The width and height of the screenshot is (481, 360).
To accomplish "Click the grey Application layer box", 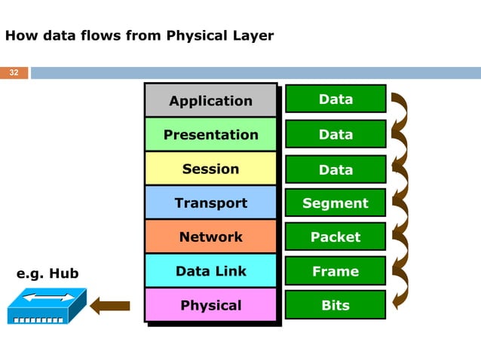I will [x=210, y=101].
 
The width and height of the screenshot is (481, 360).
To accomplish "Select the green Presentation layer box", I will [x=210, y=135].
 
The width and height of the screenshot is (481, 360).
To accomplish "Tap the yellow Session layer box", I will [x=210, y=169].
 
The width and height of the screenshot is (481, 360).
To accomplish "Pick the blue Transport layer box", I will [x=210, y=203].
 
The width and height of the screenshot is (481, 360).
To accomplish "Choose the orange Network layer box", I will [x=210, y=236].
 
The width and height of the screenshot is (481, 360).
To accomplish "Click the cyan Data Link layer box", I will [x=210, y=271].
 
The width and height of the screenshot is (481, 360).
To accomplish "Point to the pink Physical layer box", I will [x=210, y=305].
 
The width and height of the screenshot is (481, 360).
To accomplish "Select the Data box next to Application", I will [x=335, y=99].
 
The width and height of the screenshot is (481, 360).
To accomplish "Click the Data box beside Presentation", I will [x=335, y=134].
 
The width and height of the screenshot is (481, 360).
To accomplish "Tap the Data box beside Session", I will [x=335, y=169].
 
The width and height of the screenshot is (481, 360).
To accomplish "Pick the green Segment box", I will [x=335, y=203].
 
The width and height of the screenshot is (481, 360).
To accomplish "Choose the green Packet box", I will [x=335, y=236].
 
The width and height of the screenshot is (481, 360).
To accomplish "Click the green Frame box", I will [x=335, y=271].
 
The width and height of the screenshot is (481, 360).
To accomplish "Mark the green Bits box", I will [x=335, y=305].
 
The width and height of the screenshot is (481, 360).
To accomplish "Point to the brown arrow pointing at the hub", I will [x=110, y=306].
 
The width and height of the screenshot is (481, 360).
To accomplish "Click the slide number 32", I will [x=14, y=73].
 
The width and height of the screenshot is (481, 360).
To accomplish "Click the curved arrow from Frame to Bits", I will [x=401, y=288].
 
